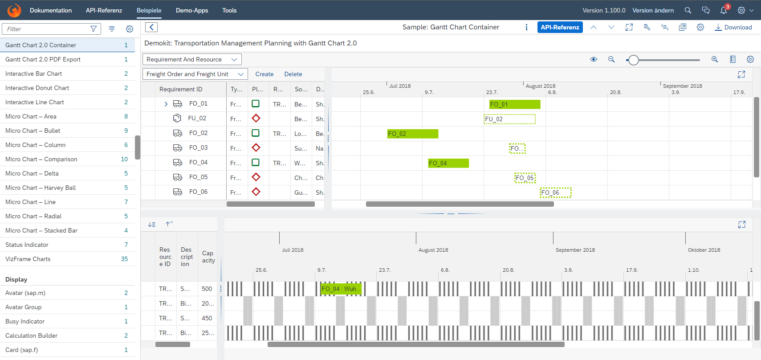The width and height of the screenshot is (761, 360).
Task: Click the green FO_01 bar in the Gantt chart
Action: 514,104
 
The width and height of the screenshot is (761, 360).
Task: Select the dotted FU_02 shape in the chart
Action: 509,119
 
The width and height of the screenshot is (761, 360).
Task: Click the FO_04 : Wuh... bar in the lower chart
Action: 341,289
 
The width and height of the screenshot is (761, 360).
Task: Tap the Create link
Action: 264,74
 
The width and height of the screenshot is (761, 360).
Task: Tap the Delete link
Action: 293,74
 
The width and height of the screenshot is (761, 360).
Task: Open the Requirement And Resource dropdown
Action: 192,59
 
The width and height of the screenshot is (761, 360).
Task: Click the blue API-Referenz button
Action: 560,27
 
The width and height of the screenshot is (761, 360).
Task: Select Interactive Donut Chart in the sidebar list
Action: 37,88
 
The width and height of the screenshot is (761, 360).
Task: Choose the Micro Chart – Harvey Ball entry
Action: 41,188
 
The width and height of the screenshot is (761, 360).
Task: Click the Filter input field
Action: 47,29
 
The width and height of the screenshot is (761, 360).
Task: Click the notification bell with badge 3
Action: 724,10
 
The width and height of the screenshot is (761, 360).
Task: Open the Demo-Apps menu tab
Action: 192,10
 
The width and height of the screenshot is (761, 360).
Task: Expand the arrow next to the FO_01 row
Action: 166,104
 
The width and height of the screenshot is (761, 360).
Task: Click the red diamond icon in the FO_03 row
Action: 256,147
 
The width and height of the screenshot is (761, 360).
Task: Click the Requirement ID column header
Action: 181,89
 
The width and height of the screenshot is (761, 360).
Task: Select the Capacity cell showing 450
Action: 207,318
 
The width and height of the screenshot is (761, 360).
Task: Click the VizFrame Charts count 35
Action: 124,259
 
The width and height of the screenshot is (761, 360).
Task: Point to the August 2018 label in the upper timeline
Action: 540,86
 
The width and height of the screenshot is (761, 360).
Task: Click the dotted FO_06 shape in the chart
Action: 555,192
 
